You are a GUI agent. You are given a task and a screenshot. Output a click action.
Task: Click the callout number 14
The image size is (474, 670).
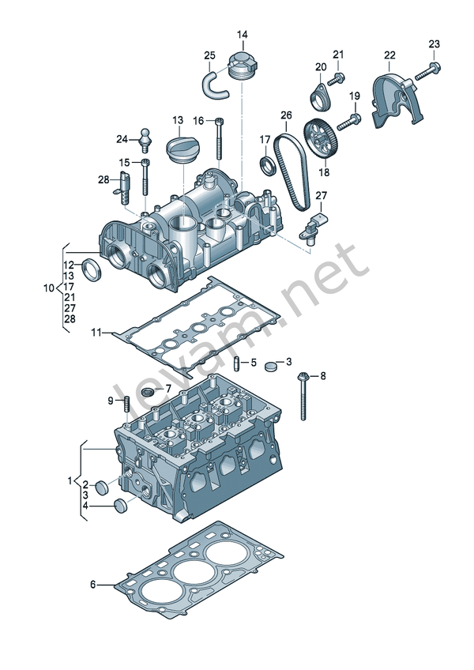(x=242, y=35)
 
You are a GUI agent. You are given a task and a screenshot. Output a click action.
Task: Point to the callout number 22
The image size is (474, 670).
(x=389, y=55)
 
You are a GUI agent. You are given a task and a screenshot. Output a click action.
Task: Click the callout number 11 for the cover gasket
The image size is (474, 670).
(x=96, y=333)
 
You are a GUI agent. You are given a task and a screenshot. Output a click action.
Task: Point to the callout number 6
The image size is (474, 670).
(x=92, y=585)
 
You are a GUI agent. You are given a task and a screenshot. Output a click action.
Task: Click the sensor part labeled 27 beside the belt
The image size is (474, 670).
(x=314, y=225)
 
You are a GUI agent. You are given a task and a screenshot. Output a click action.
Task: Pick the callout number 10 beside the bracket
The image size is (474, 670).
(x=49, y=288)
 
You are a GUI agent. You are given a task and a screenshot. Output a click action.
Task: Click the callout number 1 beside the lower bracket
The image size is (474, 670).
(x=69, y=480)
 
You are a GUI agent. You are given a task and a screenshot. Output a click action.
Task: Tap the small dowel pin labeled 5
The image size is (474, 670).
(x=236, y=363)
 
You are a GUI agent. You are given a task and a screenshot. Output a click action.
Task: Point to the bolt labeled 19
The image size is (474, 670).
(x=348, y=122)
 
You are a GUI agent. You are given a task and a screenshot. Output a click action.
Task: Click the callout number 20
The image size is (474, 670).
(x=321, y=67)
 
